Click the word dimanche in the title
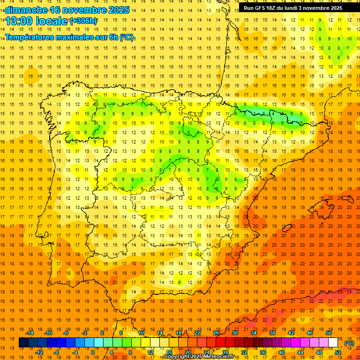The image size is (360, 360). point(26,10)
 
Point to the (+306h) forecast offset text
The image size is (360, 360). point(83,21)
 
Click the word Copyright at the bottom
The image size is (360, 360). point(179,357)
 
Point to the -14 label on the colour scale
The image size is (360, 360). point(30,333)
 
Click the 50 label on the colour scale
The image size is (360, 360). point(329,333)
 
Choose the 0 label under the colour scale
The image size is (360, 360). point(92,352)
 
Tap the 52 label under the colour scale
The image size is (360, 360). point(338,352)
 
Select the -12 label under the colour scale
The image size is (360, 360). point(39,352)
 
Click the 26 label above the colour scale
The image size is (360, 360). point(216,333)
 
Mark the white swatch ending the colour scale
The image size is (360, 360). point(333,343)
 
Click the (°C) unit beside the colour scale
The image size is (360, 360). point(349,343)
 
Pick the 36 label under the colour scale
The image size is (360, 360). point(263,352)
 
